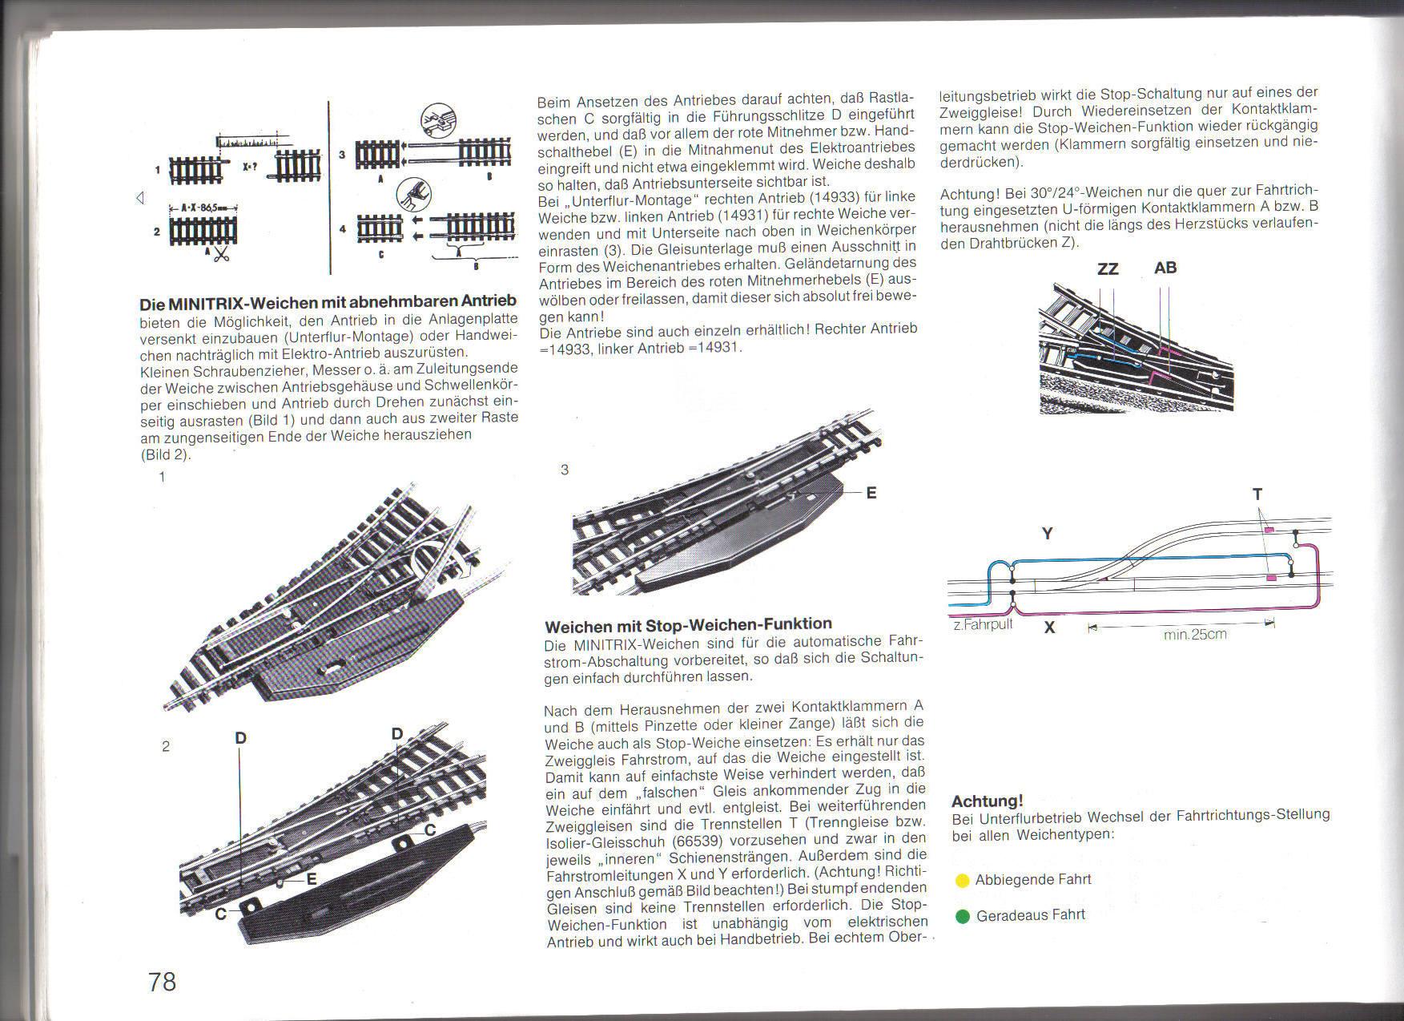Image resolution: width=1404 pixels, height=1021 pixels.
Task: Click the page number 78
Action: (162, 981)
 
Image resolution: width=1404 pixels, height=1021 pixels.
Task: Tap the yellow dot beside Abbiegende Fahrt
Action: (963, 881)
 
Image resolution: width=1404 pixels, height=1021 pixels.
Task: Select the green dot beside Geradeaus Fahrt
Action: (963, 916)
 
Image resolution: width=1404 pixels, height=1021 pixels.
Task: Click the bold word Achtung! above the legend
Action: (988, 801)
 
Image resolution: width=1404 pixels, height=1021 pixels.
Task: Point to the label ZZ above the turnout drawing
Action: (1108, 268)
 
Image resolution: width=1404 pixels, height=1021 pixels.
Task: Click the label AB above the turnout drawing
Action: (1165, 268)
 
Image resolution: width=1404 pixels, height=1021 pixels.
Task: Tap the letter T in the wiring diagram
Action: (1257, 494)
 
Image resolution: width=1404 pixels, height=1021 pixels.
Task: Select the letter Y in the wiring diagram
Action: (1048, 534)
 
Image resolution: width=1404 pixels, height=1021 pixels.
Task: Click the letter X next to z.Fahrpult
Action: (1049, 628)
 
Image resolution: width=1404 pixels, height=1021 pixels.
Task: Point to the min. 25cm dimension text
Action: (1194, 635)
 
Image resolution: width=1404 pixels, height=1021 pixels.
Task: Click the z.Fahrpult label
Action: (983, 623)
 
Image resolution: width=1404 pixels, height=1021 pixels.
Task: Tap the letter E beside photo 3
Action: (871, 493)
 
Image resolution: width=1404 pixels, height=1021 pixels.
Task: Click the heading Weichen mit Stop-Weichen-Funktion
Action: (688, 623)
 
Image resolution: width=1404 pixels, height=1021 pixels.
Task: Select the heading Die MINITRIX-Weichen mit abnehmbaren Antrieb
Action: (328, 302)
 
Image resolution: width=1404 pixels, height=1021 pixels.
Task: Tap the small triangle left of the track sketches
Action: (139, 197)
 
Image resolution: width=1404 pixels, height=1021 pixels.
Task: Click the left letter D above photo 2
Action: (240, 738)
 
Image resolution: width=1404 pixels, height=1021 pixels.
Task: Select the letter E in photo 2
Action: (312, 879)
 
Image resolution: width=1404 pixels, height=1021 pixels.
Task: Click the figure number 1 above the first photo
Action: (163, 477)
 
